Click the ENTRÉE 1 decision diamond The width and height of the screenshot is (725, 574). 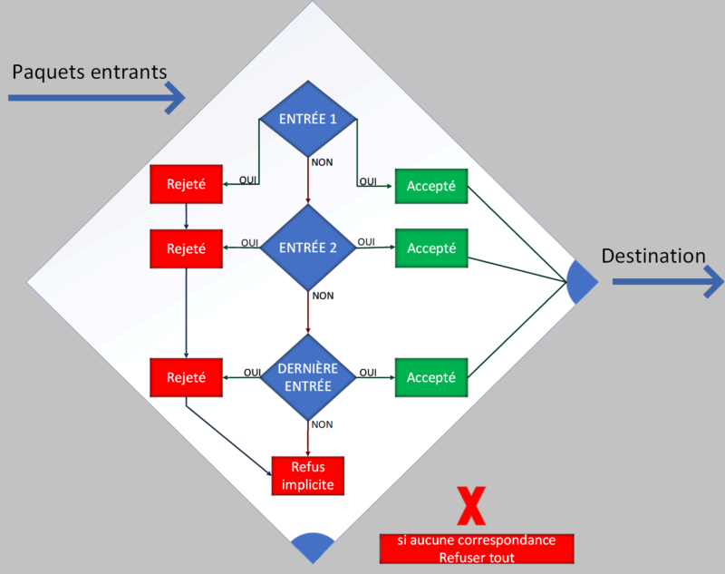(x=307, y=120)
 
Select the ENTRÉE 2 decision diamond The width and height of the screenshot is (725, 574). (x=308, y=248)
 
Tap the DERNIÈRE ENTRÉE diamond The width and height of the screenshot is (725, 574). (x=308, y=377)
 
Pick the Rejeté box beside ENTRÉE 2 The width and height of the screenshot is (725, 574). (x=186, y=248)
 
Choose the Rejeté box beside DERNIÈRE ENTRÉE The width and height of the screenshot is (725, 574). (x=186, y=377)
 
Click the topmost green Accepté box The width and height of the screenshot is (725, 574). (x=430, y=187)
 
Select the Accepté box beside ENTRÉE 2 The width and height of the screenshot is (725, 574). (x=430, y=248)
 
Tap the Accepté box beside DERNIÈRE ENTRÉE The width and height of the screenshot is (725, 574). (x=430, y=377)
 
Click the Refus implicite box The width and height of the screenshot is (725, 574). (x=308, y=475)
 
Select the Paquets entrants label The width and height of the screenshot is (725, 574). (x=89, y=72)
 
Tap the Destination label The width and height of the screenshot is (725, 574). (x=652, y=257)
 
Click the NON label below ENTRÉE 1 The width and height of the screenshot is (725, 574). (x=322, y=163)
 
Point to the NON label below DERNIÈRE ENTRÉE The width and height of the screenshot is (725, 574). (x=322, y=423)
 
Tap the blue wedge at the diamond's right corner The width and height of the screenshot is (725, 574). (x=581, y=281)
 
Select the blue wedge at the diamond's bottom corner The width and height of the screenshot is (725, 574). (x=313, y=546)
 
